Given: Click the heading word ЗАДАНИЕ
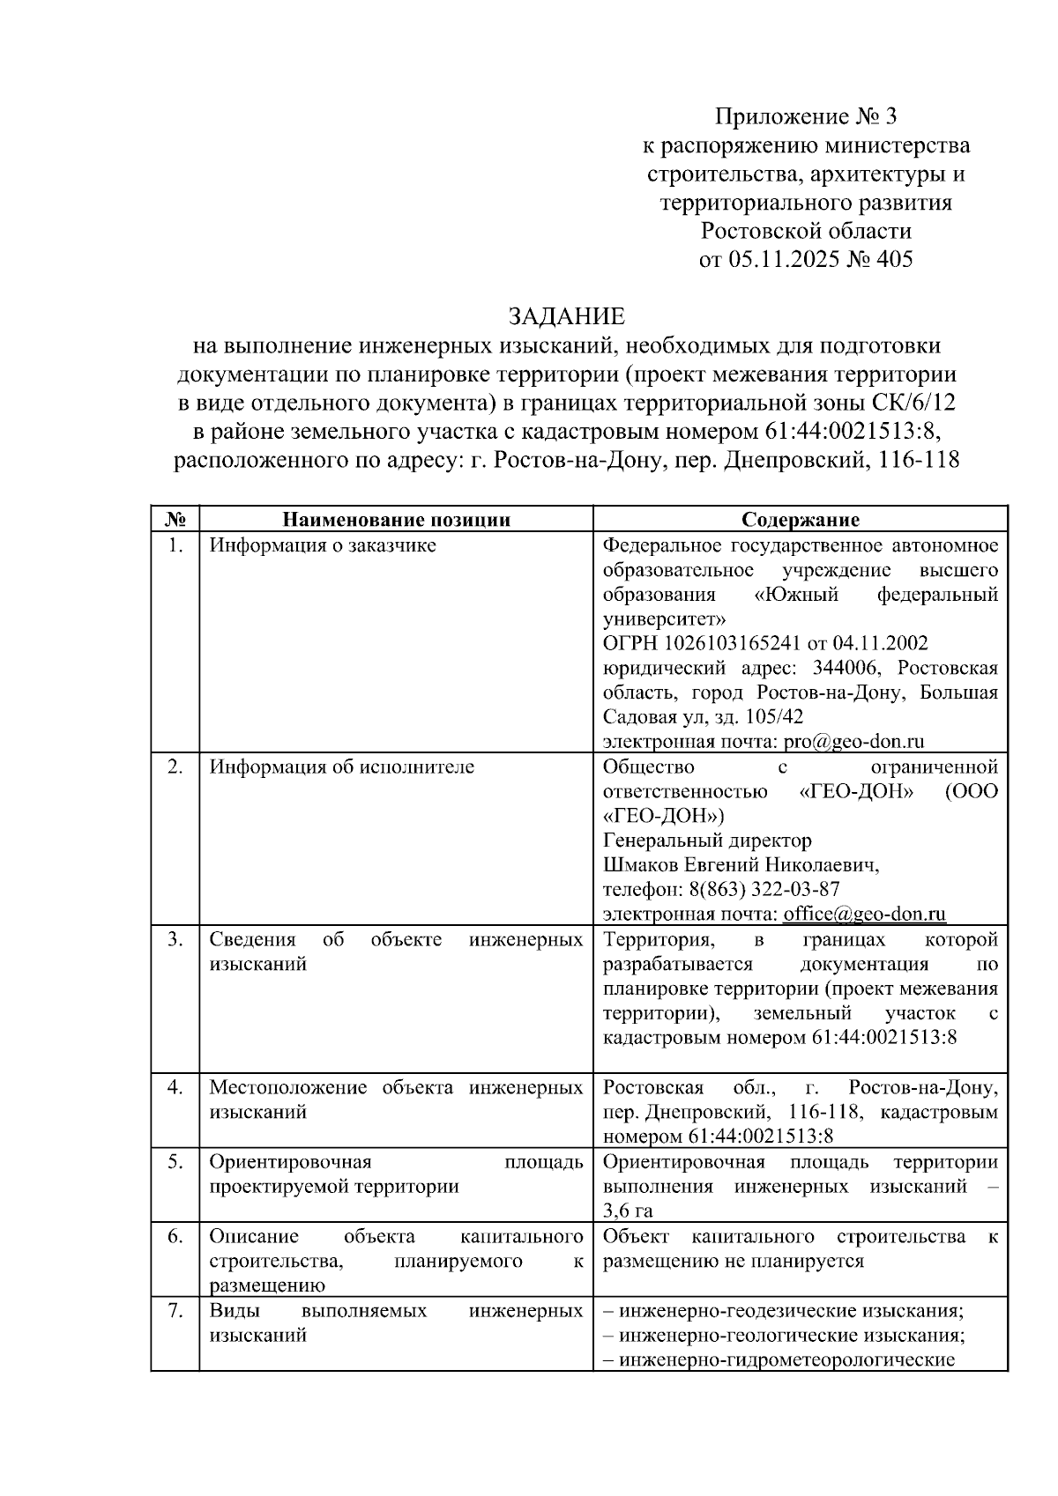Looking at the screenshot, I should [x=565, y=316].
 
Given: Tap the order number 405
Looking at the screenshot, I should [x=893, y=259].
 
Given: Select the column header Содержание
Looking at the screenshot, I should [x=800, y=519].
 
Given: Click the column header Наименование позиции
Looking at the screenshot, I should [x=396, y=519].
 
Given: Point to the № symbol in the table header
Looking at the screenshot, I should [x=175, y=519].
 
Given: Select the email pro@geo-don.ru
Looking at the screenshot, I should [x=853, y=741].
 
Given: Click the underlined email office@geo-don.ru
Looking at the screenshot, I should [x=864, y=914].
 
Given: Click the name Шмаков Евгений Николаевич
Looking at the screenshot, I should [x=741, y=864].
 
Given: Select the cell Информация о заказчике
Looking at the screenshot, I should [x=323, y=545].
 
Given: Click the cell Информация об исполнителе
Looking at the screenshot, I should [x=341, y=767].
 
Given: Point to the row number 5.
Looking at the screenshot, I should [x=175, y=1161].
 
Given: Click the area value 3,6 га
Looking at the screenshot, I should [x=628, y=1211].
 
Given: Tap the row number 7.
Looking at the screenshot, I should [x=175, y=1310].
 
